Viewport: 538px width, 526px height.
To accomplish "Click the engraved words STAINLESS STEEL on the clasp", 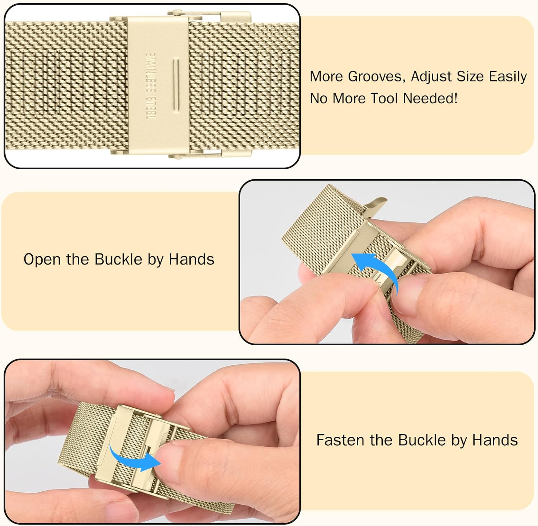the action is pos(151,86).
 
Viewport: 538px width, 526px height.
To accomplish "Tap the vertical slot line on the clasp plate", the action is pos(176,83).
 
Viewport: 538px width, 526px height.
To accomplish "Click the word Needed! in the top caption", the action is pos(430,98).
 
